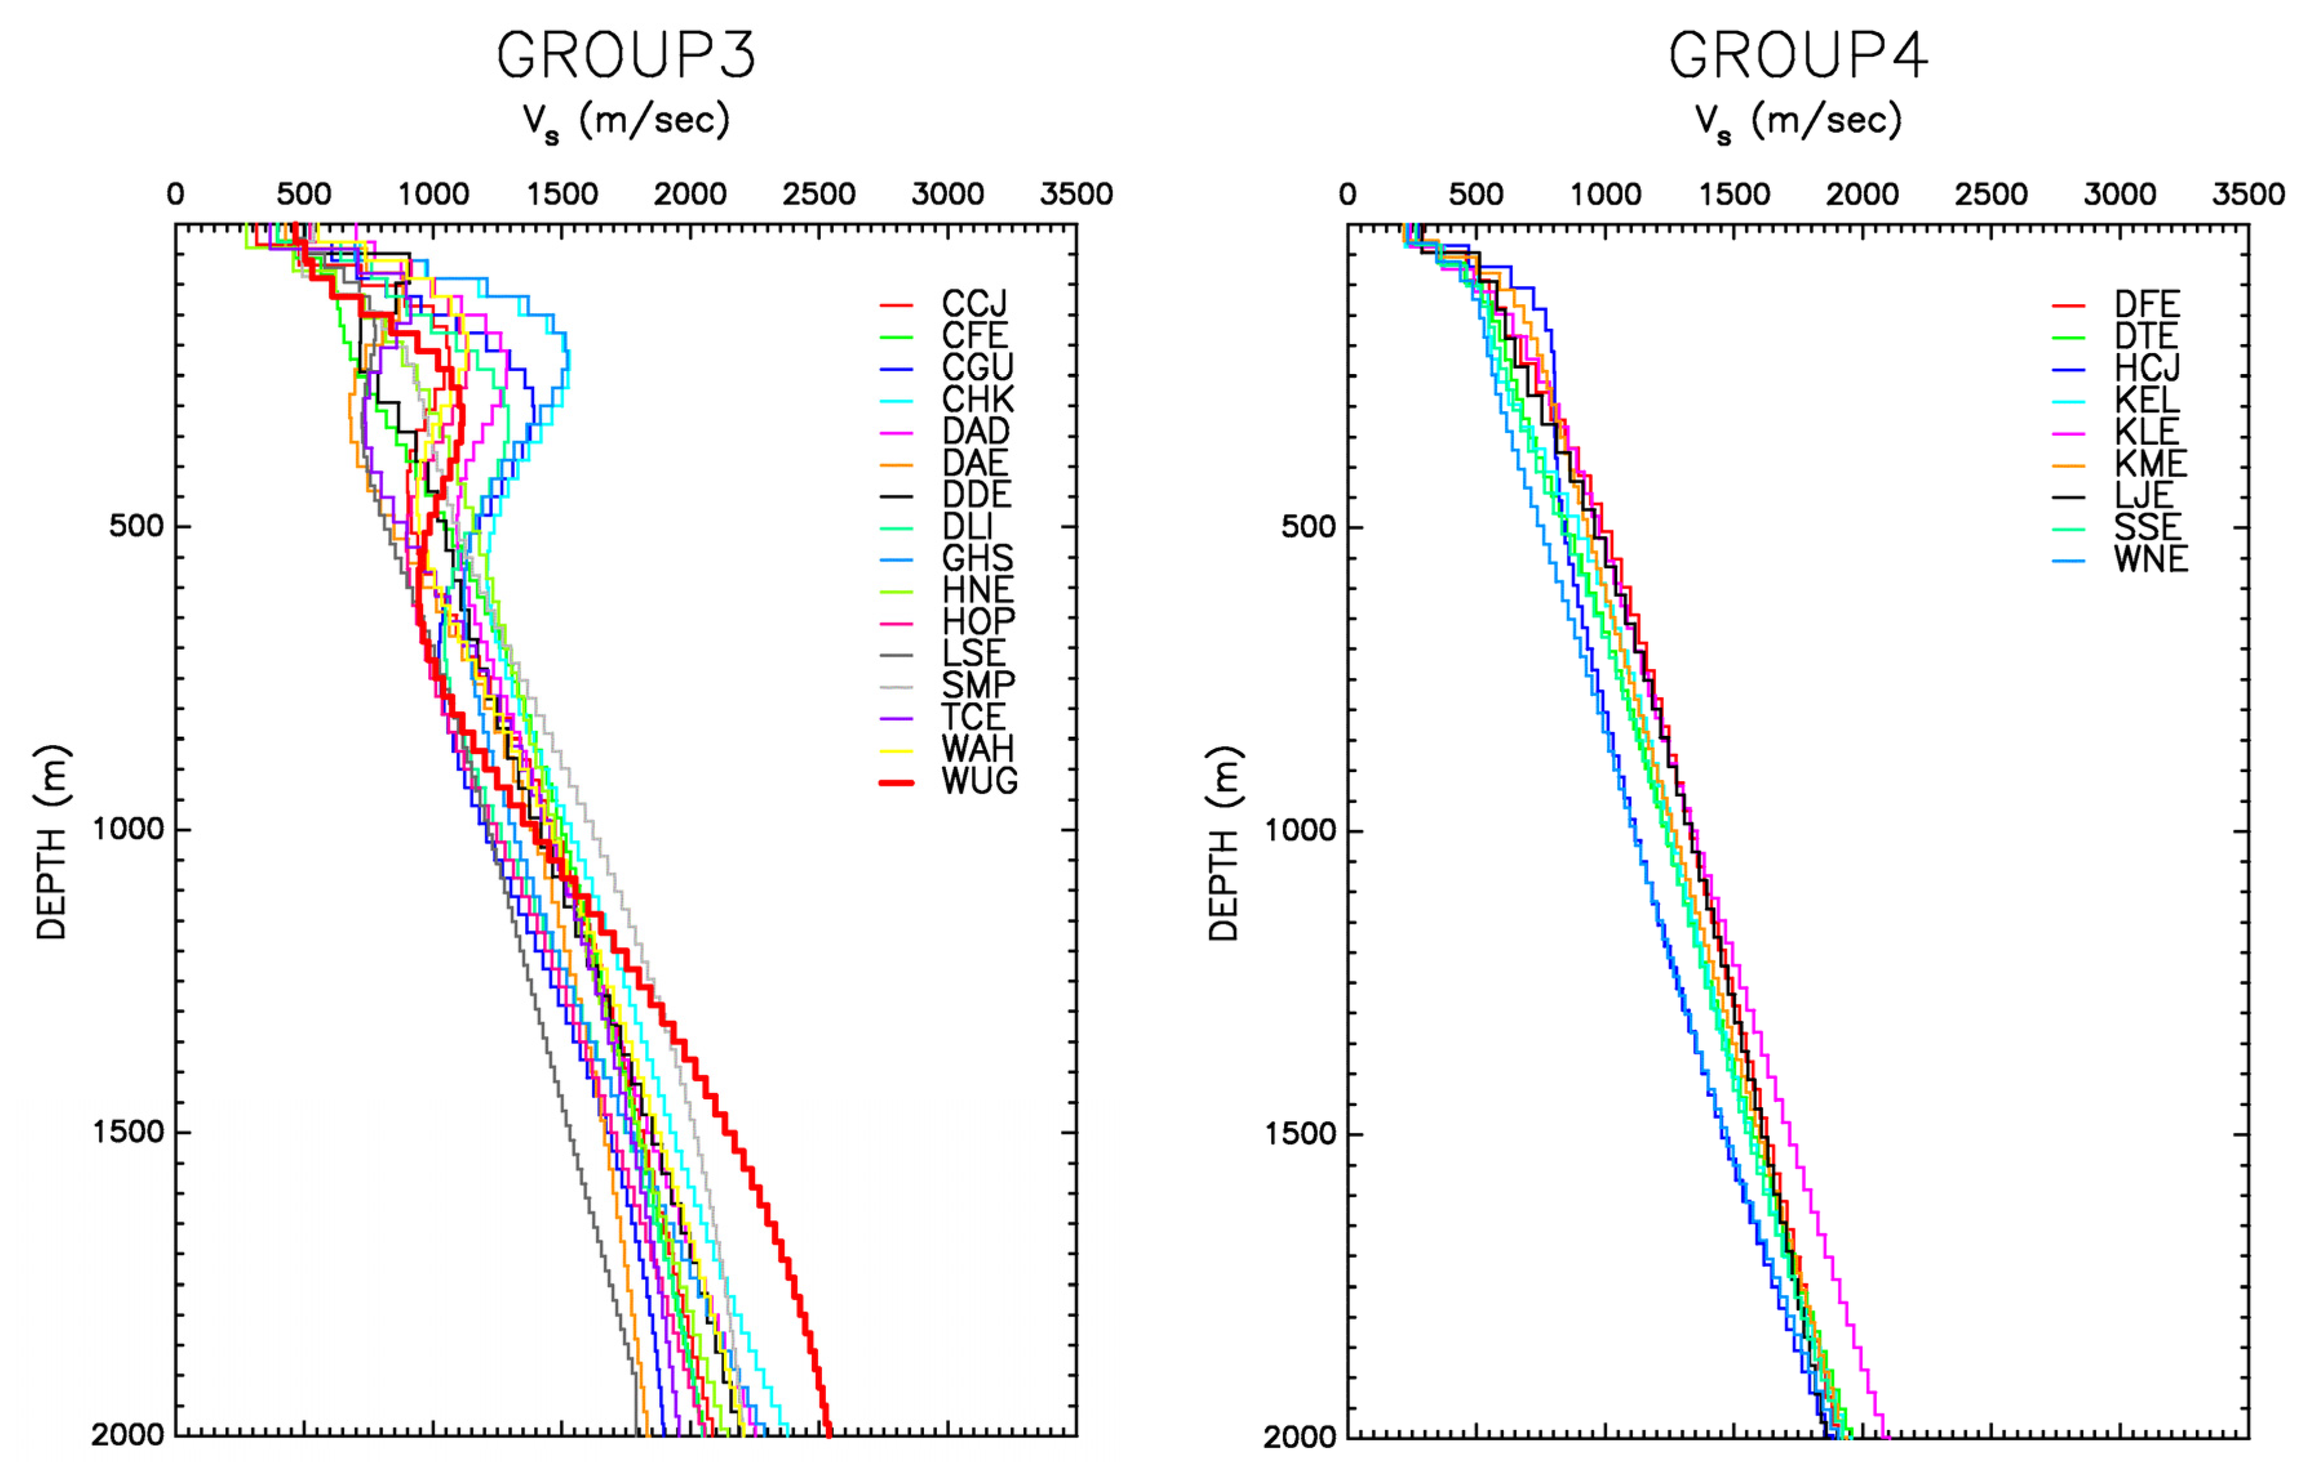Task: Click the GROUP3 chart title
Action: click(626, 56)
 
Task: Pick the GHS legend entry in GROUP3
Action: click(977, 558)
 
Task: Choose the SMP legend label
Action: click(978, 686)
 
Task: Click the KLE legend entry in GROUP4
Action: click(2147, 431)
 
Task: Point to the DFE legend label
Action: click(2147, 305)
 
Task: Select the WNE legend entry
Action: click(2150, 559)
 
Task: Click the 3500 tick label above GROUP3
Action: click(1076, 195)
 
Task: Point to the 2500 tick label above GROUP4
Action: click(1990, 195)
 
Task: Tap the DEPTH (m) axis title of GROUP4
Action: click(1223, 842)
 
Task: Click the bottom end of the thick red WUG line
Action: click(828, 1434)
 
